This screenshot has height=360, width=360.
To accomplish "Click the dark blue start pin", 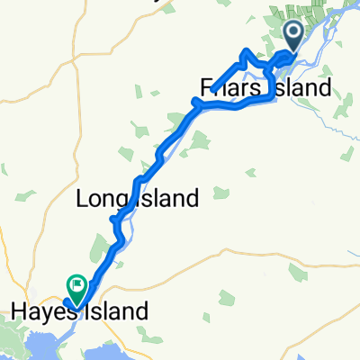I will (294, 37).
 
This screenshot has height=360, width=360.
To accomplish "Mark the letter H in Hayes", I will (17, 312).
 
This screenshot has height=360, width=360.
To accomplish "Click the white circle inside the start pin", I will (294, 33).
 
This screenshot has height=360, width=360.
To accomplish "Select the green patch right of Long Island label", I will (219, 191).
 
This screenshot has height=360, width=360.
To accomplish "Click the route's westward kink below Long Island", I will (112, 219).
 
